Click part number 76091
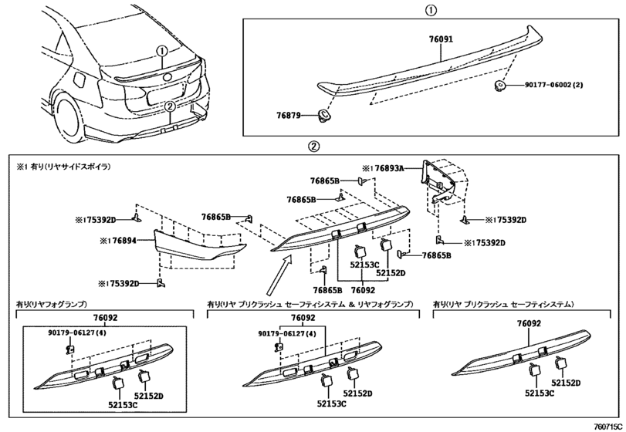click(442, 39)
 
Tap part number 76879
click(289, 115)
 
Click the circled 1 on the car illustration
click(161, 51)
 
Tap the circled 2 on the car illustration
click(170, 106)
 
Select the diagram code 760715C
click(608, 427)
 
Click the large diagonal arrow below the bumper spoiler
click(279, 275)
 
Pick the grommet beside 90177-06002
click(499, 86)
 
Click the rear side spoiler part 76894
click(200, 246)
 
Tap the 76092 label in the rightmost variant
click(529, 323)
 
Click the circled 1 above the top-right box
click(431, 10)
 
